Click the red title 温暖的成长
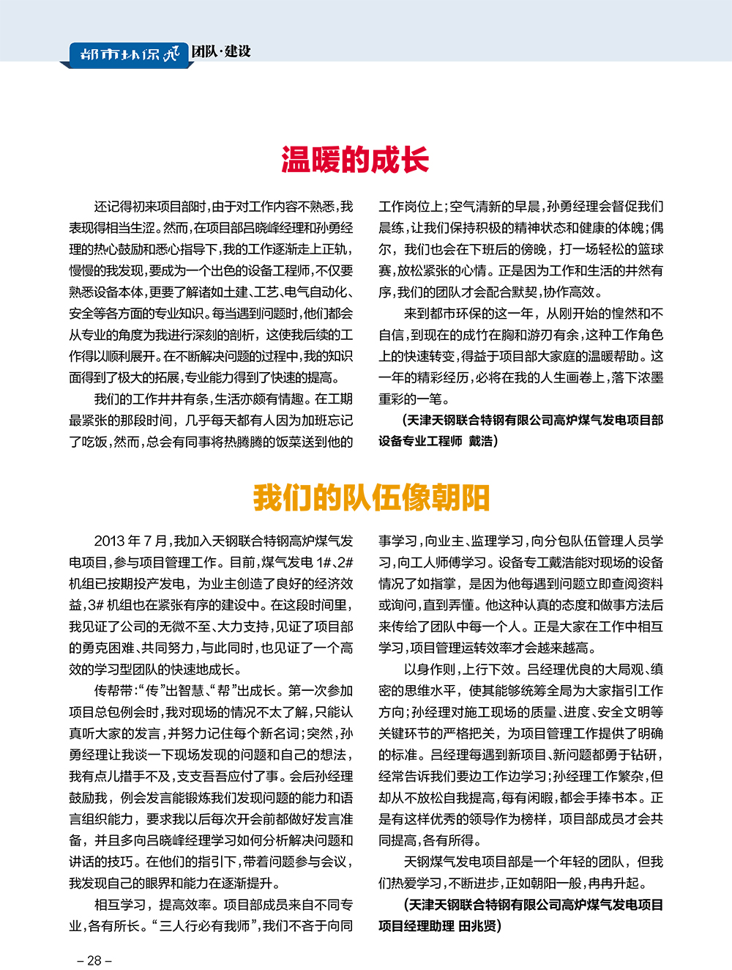click(x=355, y=160)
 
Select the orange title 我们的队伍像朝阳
click(x=371, y=498)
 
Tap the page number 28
click(x=94, y=960)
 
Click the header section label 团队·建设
click(x=222, y=51)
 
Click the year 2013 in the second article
click(x=109, y=541)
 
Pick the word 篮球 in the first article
click(x=649, y=249)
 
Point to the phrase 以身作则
click(x=429, y=669)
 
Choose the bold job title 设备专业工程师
click(x=420, y=441)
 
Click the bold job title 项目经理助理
click(x=416, y=926)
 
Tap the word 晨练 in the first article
click(x=391, y=228)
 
